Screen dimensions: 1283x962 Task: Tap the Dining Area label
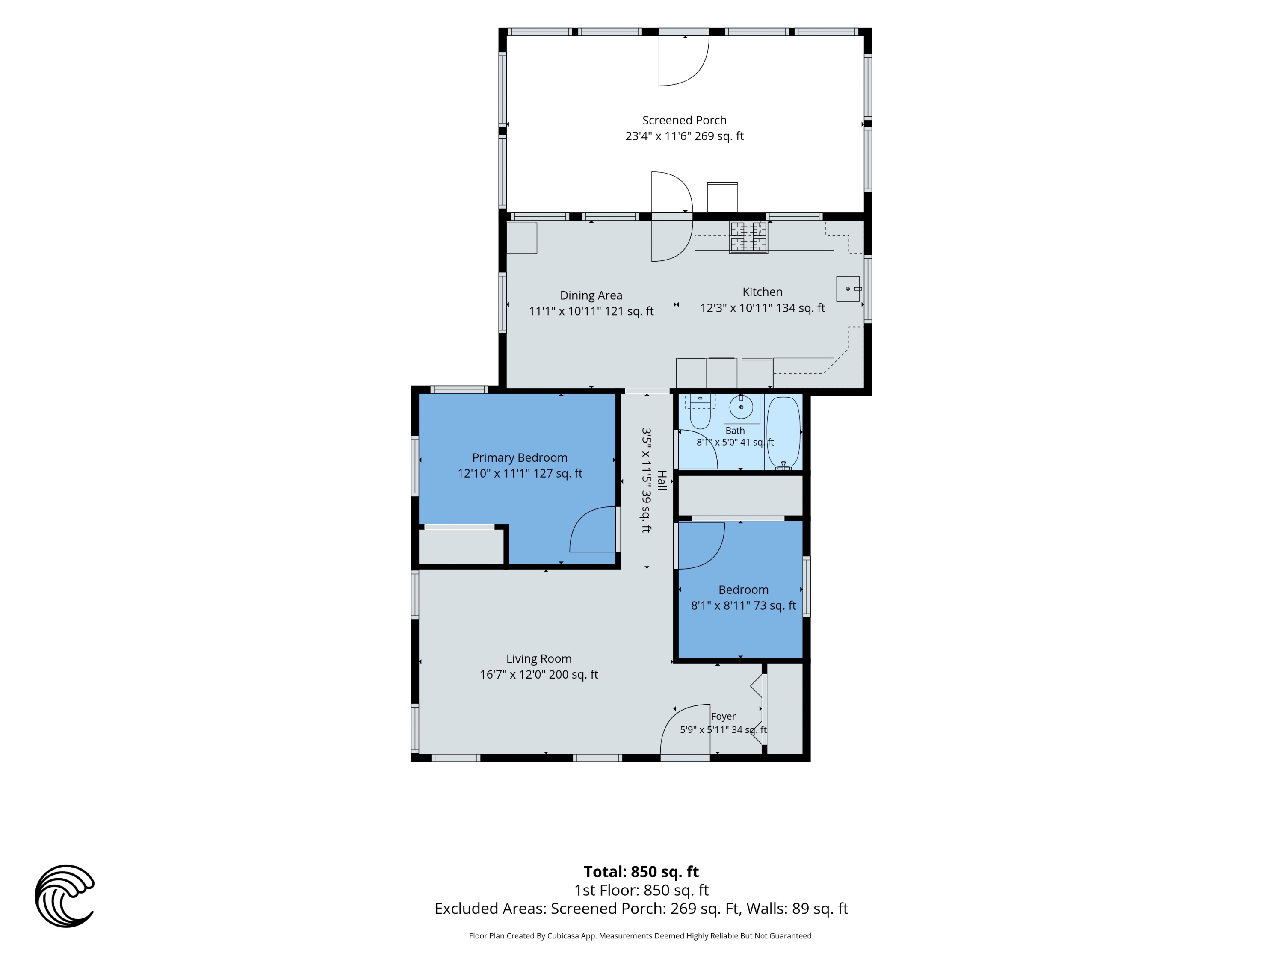(x=591, y=303)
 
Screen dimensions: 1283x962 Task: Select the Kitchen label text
(x=762, y=300)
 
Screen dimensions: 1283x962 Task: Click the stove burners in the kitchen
(x=748, y=237)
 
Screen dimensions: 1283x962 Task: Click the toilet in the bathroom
(x=700, y=411)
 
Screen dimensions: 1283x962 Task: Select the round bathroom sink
(x=741, y=407)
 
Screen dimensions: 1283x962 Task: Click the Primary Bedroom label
(x=520, y=466)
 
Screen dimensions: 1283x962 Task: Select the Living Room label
(x=539, y=666)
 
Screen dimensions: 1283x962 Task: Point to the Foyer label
(x=723, y=723)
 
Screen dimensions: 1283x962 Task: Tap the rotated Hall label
(x=653, y=480)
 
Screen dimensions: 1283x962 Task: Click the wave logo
(x=65, y=896)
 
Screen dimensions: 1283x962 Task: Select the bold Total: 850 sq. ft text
(x=641, y=871)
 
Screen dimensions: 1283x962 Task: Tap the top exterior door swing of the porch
(x=684, y=61)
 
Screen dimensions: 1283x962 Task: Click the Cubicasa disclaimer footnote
(x=641, y=936)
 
